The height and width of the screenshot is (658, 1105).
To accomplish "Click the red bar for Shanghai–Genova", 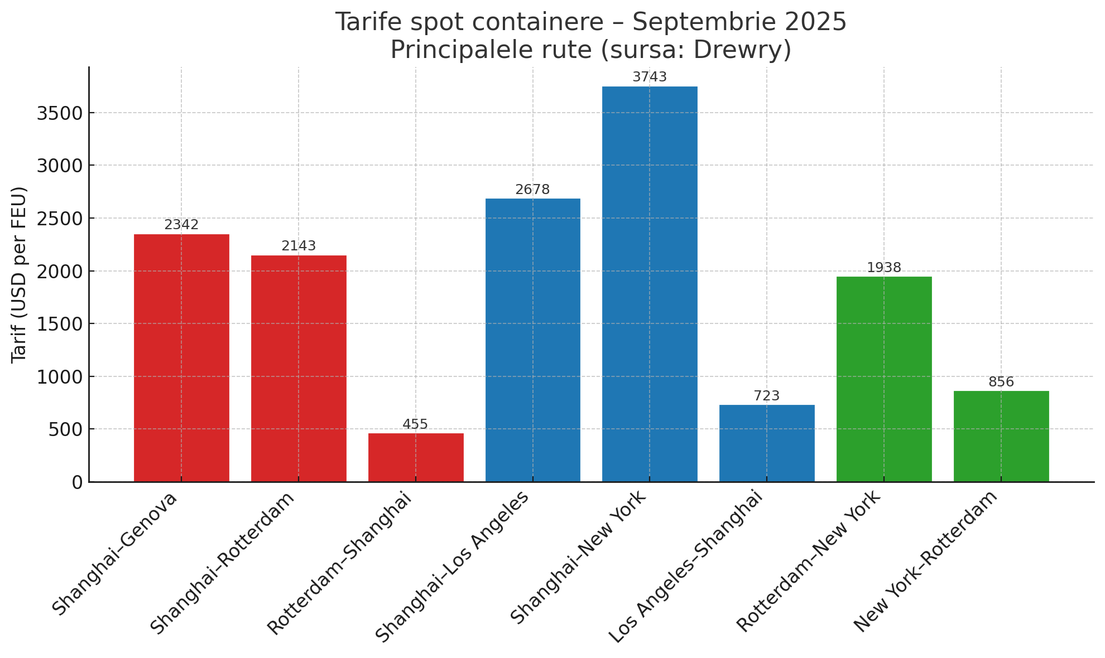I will pos(181,357).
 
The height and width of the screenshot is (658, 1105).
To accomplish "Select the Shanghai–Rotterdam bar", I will pos(299,368).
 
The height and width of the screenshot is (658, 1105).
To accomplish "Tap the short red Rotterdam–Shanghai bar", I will pos(416,457).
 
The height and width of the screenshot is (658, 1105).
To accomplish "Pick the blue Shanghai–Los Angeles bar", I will pos(532,340).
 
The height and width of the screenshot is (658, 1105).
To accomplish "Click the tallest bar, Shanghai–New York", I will pos(650,284).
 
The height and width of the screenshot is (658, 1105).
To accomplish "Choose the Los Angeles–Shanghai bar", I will pos(767,443).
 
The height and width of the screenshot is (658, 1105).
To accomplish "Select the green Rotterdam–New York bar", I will pos(884,379).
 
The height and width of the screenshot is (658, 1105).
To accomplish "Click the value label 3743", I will pos(650,77).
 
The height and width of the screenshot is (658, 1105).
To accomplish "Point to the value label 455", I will pos(415,424).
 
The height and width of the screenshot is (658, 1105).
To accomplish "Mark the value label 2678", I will pos(532,190).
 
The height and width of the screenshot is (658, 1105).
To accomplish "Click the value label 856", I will pos(1001,382).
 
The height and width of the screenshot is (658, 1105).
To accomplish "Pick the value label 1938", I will pos(884,268).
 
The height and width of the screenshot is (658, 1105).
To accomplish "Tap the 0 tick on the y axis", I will pos(77,482).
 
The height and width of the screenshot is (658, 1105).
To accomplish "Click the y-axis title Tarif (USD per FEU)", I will pos(20,274).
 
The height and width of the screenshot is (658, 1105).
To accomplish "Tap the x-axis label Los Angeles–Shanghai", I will pos(685,566).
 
